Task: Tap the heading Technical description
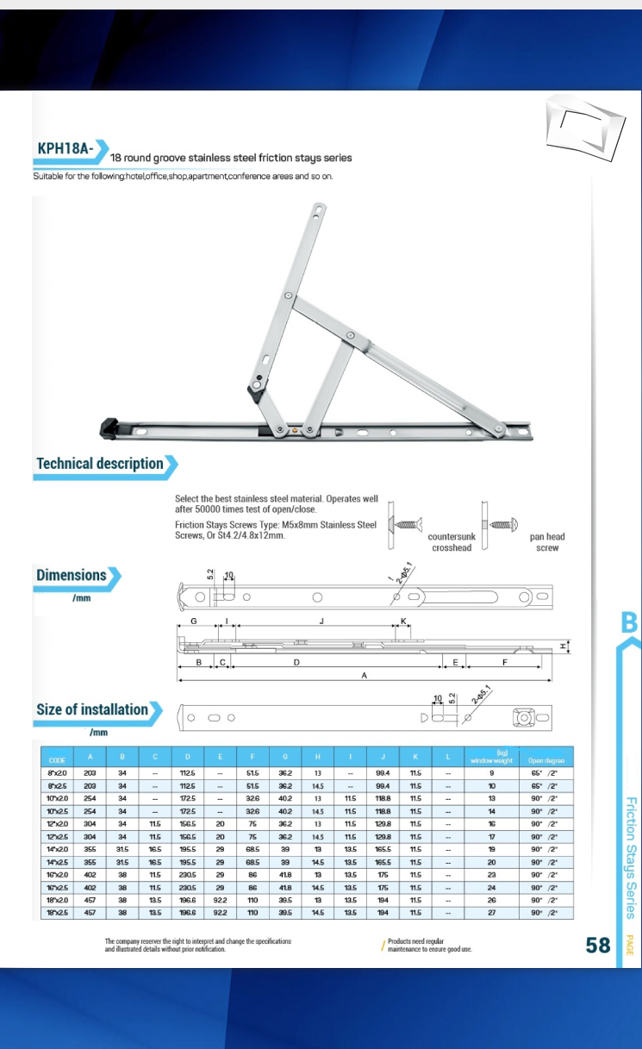tap(100, 464)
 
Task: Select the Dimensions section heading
tap(72, 575)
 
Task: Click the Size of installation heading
tap(92, 709)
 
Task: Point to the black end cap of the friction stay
tap(109, 426)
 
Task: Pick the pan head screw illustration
tap(503, 524)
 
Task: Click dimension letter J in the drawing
tap(321, 620)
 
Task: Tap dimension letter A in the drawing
tap(364, 676)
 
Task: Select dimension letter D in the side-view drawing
tap(296, 662)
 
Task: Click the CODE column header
tap(58, 760)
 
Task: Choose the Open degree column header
tap(546, 760)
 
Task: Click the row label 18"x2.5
tap(58, 912)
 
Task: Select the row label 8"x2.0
tap(58, 773)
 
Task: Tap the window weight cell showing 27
tap(491, 912)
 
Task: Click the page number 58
tap(598, 946)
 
